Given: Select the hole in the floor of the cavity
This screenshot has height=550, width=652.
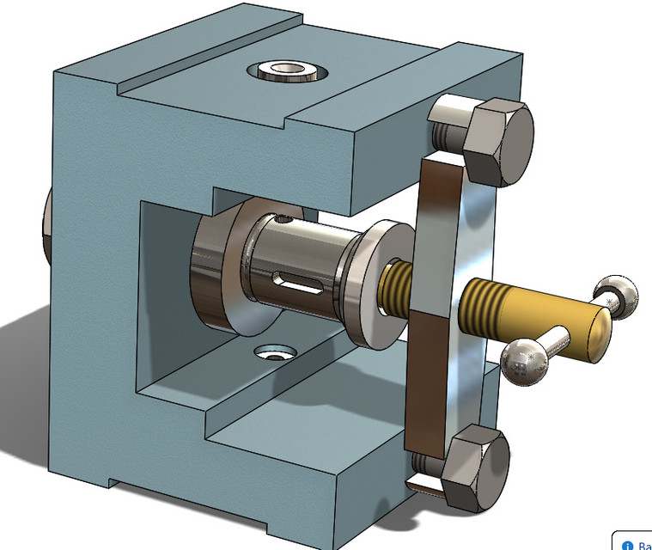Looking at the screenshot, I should [x=274, y=351].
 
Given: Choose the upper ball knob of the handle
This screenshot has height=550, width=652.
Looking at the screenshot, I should [x=617, y=295].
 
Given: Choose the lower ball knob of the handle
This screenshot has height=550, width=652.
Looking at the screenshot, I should [x=522, y=360].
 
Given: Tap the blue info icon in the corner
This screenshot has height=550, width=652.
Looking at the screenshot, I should [x=626, y=545].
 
